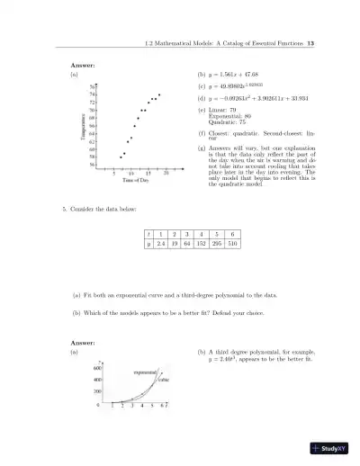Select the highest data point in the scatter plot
click(159, 94)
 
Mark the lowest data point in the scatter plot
click(121, 157)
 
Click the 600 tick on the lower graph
click(96, 369)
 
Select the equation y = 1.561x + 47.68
click(226, 74)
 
